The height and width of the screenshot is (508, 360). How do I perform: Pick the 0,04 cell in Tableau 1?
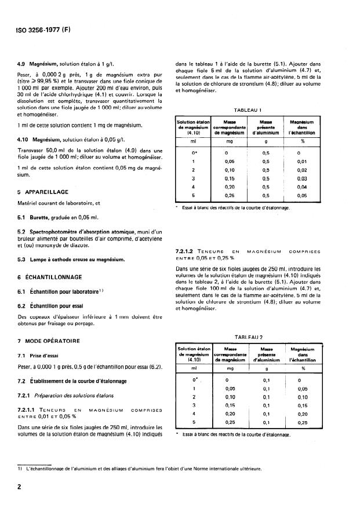[x=301, y=187]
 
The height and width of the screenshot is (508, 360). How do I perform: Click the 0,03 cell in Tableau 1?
[x=301, y=179]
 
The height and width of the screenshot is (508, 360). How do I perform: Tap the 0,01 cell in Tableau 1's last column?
[x=301, y=162]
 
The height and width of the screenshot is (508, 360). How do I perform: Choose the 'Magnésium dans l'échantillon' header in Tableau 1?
[x=301, y=127]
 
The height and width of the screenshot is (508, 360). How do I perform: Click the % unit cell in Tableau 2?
[x=301, y=368]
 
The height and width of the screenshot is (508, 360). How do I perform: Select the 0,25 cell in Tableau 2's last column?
[x=301, y=422]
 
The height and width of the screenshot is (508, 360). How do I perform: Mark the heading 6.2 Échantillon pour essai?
[x=55, y=305]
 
